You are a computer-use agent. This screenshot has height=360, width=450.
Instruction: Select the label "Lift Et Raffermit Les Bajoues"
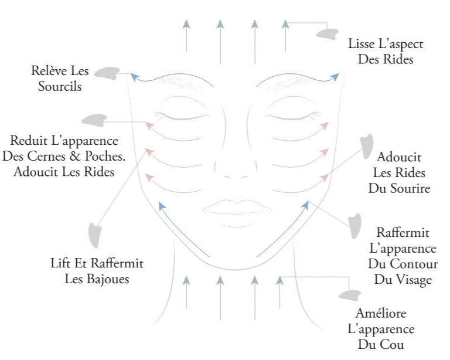tap(97, 270)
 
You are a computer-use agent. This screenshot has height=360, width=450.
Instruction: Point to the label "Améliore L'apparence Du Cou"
tap(381, 328)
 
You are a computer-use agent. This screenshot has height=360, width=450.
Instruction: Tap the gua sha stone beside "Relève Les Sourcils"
tap(107, 73)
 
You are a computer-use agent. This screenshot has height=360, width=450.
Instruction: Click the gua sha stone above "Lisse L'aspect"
tap(328, 33)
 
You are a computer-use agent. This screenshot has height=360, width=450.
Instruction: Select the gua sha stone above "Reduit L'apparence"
tap(94, 120)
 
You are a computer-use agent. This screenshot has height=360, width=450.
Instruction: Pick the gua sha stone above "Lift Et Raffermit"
tap(93, 235)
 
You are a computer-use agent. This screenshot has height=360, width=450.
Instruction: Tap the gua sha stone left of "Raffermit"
tap(355, 227)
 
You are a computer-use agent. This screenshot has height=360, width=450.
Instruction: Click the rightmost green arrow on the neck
tap(280, 290)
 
